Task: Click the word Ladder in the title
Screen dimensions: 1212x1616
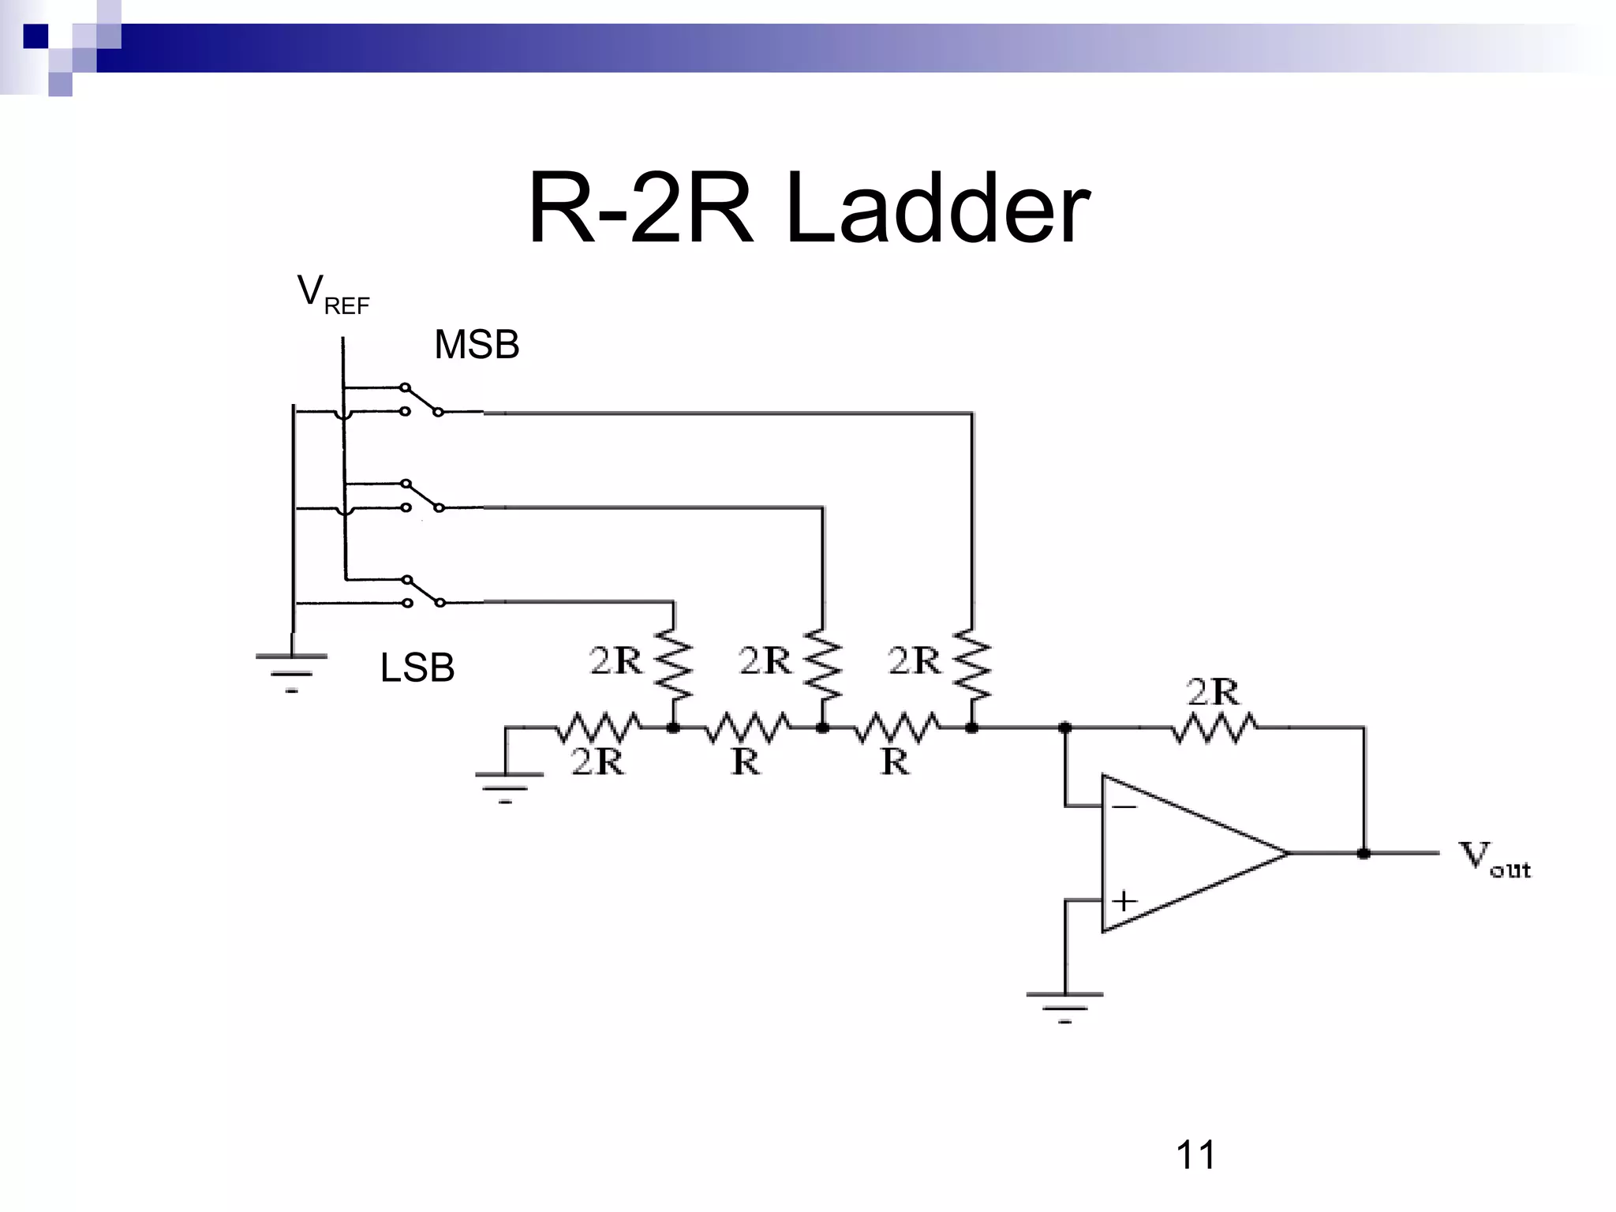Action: click(x=937, y=209)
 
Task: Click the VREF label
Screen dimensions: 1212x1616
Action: click(x=332, y=294)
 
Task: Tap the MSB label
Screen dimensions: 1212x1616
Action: click(x=477, y=345)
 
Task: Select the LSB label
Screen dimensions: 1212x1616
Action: click(x=417, y=668)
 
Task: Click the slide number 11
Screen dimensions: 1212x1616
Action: click(x=1195, y=1155)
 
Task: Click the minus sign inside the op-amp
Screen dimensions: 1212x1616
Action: click(x=1124, y=806)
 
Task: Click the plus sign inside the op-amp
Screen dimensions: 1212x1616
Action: click(x=1124, y=900)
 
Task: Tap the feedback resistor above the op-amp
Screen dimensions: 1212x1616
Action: click(x=1214, y=728)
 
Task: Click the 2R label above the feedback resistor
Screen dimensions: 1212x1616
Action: click(x=1213, y=692)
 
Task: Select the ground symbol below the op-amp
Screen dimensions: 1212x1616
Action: click(x=1064, y=1005)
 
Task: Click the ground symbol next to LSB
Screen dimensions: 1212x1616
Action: click(x=291, y=671)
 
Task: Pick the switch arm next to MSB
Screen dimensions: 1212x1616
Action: click(x=422, y=400)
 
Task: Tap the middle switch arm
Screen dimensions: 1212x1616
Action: click(x=423, y=496)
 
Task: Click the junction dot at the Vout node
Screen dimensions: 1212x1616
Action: click(x=1363, y=853)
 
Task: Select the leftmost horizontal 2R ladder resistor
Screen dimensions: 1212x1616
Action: click(x=598, y=728)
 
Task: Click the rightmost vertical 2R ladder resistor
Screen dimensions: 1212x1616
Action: click(x=972, y=664)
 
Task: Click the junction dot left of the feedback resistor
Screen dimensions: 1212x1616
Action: click(x=1064, y=728)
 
